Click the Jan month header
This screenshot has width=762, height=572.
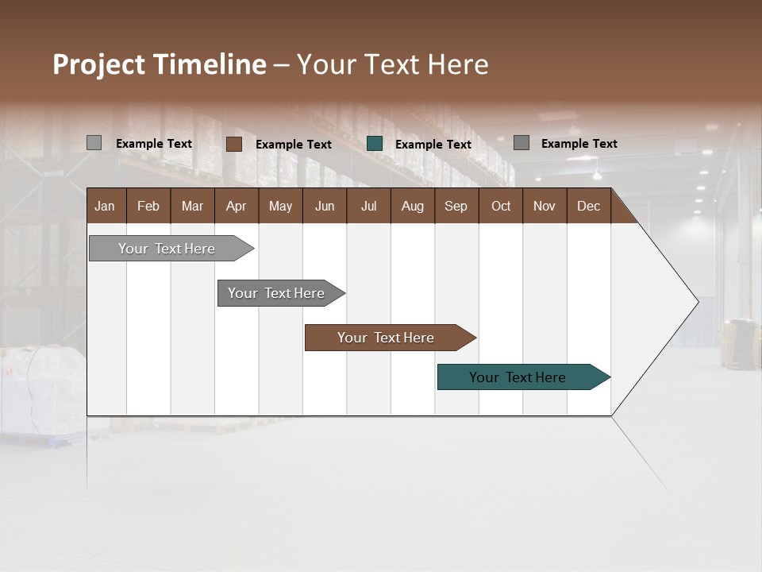pyautogui.click(x=105, y=207)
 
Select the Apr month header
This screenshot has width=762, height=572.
pyautogui.click(x=236, y=207)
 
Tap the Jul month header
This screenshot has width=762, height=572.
pyautogui.click(x=368, y=207)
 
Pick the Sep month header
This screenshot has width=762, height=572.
pyautogui.click(x=456, y=207)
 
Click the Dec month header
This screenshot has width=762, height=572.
pyautogui.click(x=588, y=207)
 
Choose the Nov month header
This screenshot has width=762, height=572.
pyautogui.click(x=544, y=207)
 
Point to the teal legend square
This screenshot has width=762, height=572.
pyautogui.click(x=375, y=144)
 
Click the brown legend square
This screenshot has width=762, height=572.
pyautogui.click(x=234, y=144)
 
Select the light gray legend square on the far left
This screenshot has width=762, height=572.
pyautogui.click(x=94, y=143)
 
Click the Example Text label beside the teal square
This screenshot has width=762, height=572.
pyautogui.click(x=433, y=145)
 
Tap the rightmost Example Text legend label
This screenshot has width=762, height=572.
pyautogui.click(x=579, y=144)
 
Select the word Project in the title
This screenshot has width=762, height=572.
pyautogui.click(x=99, y=65)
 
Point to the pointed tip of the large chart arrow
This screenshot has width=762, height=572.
pyautogui.click(x=697, y=301)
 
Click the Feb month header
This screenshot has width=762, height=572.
pyautogui.click(x=148, y=207)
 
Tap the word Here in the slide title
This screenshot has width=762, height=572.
pyautogui.click(x=458, y=64)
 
